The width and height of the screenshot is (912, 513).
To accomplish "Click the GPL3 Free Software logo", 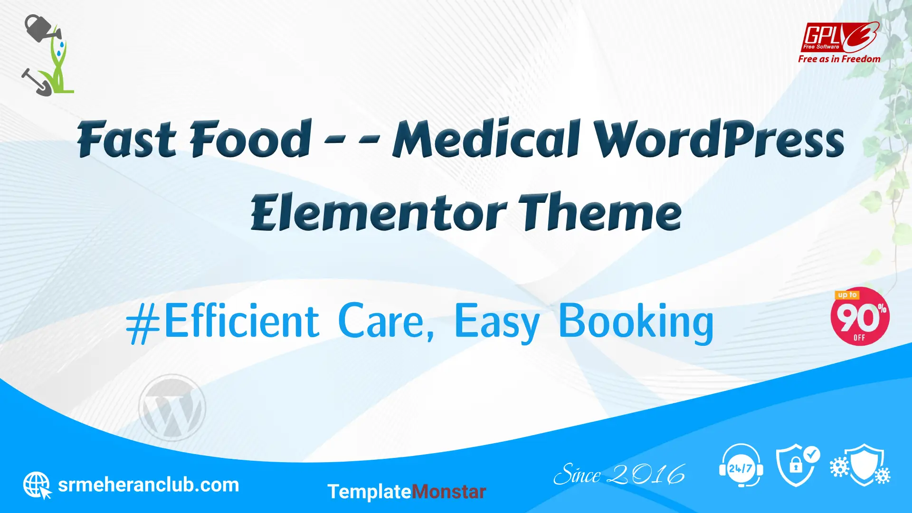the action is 840,37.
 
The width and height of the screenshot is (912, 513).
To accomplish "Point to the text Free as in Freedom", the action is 839,59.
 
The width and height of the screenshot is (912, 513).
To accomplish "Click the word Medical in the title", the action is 487,139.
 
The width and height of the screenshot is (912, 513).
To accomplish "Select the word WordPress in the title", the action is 719,139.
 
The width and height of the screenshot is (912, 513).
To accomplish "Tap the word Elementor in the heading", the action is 379,212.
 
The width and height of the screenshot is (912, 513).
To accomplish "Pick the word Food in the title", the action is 251,139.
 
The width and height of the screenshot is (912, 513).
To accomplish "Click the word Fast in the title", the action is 127,139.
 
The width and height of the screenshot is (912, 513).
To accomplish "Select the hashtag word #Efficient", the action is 222,321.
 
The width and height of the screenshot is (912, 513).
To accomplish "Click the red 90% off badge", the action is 860,316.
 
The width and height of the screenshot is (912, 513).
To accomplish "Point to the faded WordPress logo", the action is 172,408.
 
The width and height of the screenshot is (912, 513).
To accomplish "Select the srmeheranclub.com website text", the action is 148,485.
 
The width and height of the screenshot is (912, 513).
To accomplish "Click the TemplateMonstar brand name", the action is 407,492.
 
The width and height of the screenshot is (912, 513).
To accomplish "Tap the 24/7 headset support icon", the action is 741,465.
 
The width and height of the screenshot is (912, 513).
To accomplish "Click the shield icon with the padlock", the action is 798,465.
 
